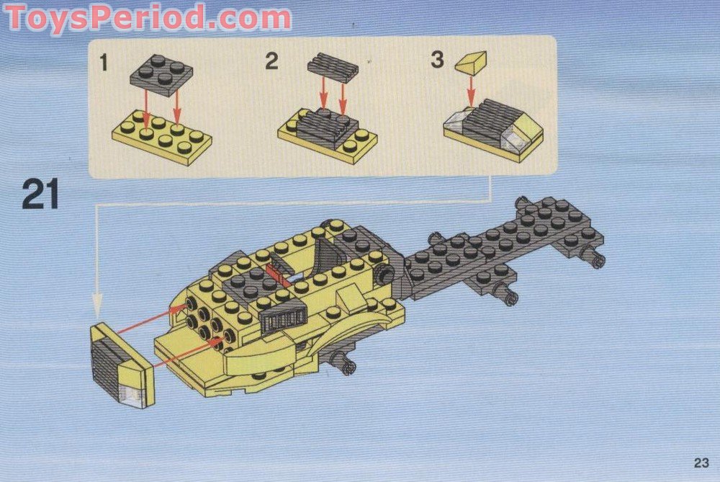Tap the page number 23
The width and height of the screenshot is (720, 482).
702,463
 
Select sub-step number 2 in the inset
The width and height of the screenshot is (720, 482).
271,61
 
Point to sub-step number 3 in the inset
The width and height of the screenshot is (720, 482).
437,60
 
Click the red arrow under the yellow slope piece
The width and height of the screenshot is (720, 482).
471,90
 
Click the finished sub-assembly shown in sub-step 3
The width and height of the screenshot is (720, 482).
494,130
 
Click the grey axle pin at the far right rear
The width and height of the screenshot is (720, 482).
595,259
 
